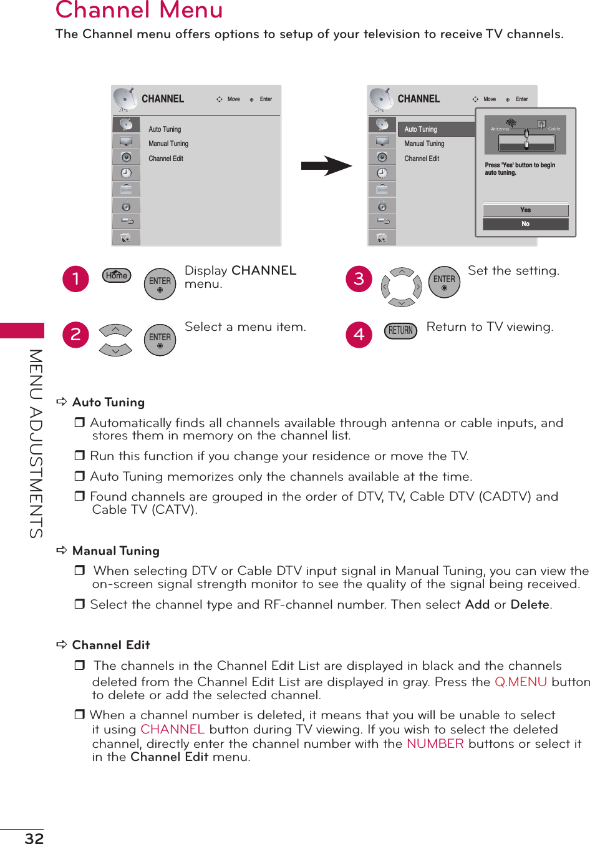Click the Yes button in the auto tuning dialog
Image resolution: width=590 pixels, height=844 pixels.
click(525, 210)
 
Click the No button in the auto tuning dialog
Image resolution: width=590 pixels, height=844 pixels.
click(525, 223)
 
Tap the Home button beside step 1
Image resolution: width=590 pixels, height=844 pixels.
click(117, 275)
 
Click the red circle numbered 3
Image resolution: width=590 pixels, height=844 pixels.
click(359, 278)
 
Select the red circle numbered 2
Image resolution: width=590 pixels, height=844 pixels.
click(76, 335)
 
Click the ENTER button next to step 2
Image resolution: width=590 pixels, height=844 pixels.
click(160, 340)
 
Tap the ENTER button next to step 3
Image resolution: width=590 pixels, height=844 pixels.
click(444, 282)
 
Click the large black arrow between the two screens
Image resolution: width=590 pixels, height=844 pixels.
click(326, 166)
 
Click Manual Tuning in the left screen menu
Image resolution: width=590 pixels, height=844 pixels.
click(168, 144)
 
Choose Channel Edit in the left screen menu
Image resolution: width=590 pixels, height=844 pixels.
click(166, 159)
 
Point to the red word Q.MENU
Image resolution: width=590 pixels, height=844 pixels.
click(521, 682)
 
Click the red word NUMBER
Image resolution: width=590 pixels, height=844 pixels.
click(435, 743)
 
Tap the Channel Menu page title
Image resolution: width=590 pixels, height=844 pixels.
click(139, 10)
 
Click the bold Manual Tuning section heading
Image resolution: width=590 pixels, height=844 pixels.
click(116, 551)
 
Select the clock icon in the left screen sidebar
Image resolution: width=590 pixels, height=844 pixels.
click(126, 173)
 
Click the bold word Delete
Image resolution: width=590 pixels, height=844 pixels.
click(530, 604)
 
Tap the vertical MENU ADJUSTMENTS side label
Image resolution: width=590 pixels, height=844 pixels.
click(36, 443)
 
